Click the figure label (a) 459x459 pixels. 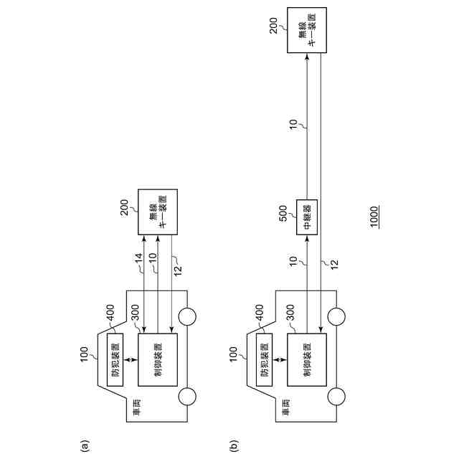pos(85,445)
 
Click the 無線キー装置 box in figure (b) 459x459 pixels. pos(306,30)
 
